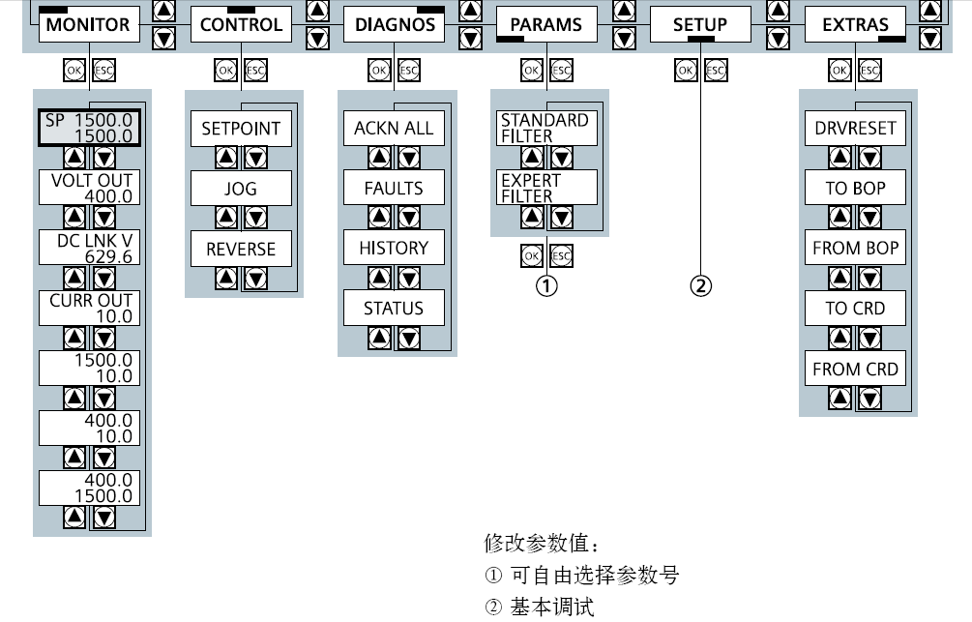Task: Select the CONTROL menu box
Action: (240, 25)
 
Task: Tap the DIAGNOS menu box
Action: (395, 25)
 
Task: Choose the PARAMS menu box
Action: (546, 25)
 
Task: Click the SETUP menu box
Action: (699, 25)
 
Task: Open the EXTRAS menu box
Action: (855, 25)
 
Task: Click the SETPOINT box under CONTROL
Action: (241, 128)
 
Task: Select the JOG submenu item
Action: (241, 189)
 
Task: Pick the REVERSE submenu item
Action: (241, 249)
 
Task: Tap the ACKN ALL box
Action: (394, 128)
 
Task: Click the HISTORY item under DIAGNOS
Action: (394, 248)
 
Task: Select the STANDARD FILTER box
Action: (545, 128)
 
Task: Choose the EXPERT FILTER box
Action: (545, 188)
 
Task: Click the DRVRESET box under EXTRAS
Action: (855, 128)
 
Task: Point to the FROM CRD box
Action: (855, 369)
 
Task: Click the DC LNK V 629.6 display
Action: (89, 248)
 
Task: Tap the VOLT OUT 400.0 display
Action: (89, 188)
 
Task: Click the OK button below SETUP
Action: (685, 70)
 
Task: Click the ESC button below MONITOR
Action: (103, 70)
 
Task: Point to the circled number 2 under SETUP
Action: (700, 285)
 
